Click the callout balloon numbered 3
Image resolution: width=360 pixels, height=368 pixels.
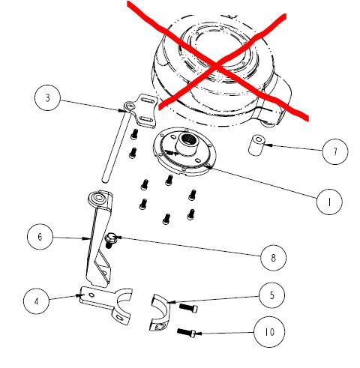[x=47, y=98]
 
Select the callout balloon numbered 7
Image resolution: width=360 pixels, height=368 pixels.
[x=335, y=151]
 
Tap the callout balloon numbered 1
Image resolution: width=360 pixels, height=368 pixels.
[x=329, y=202]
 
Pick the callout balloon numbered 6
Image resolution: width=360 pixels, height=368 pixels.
[x=40, y=237]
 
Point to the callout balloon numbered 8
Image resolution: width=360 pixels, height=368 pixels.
[x=273, y=258]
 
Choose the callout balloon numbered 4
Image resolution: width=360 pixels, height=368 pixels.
[x=36, y=301]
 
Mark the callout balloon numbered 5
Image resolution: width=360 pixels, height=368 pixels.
[x=271, y=295]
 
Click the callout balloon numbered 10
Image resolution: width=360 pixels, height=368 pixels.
[x=269, y=332]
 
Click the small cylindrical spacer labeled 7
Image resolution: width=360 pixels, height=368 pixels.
[x=256, y=145]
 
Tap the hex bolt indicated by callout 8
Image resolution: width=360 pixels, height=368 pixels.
[x=109, y=240]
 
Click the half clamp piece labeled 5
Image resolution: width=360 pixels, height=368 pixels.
[x=160, y=313]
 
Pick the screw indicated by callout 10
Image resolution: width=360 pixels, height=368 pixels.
[x=187, y=332]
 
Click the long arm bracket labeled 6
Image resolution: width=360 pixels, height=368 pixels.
[x=99, y=238]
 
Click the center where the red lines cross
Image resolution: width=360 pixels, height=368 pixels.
[x=216, y=65]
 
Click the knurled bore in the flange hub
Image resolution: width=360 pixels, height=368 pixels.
[x=189, y=139]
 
